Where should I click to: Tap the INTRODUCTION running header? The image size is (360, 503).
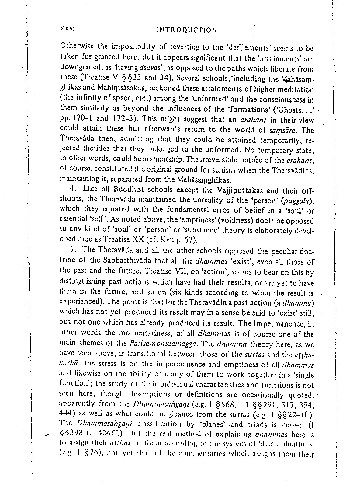click(x=186, y=30)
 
